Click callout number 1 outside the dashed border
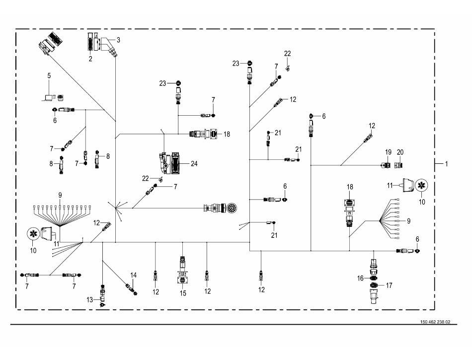click(x=446, y=163)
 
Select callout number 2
click(x=90, y=59)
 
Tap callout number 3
click(x=118, y=39)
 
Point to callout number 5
click(x=49, y=75)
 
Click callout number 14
click(x=133, y=275)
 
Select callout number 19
click(x=388, y=151)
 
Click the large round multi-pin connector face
click(x=231, y=208)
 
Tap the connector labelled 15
click(x=182, y=271)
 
